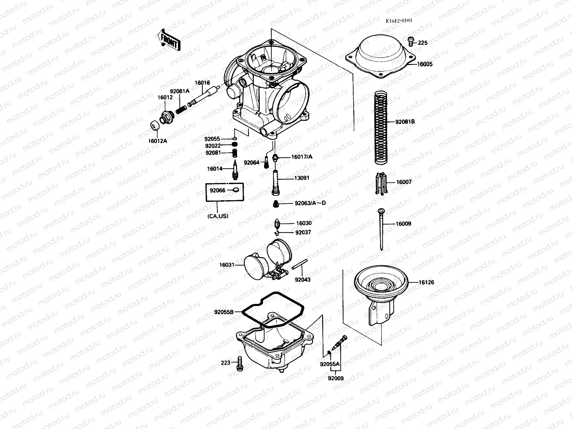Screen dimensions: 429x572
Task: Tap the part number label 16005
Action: tap(425, 64)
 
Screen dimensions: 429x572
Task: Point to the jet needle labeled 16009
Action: tap(381, 229)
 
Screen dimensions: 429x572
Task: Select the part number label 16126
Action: tap(426, 282)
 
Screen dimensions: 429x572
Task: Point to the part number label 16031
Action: tap(227, 265)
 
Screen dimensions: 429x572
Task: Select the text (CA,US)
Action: tap(217, 216)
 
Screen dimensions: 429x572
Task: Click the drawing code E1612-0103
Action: tap(399, 20)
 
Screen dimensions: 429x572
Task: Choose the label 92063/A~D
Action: tap(310, 203)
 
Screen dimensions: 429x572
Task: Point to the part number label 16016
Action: tap(202, 83)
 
